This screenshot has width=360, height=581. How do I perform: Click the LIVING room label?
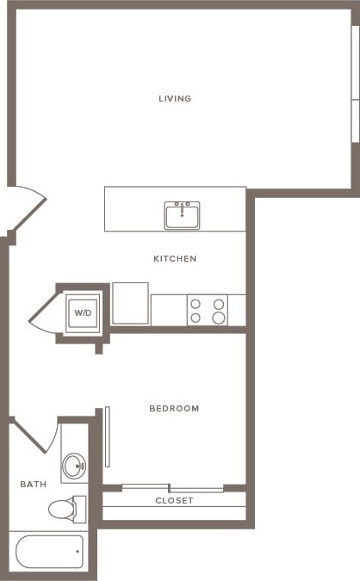175,98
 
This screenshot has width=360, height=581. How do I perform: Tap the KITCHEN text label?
175,258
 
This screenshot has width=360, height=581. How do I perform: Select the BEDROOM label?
174,408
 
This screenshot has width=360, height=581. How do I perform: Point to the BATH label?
33,485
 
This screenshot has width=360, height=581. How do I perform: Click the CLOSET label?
174,501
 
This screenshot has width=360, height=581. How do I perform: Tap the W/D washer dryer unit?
84,312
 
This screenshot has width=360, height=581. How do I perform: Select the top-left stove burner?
196,303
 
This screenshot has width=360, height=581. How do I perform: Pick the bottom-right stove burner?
218,318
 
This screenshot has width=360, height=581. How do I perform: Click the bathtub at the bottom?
50,551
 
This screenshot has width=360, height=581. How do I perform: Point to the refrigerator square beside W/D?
130,304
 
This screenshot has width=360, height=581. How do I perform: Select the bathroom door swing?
34,435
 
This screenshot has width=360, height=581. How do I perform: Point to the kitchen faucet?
182,209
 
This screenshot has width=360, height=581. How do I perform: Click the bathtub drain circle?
78,551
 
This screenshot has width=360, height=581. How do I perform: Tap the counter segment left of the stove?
169,310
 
